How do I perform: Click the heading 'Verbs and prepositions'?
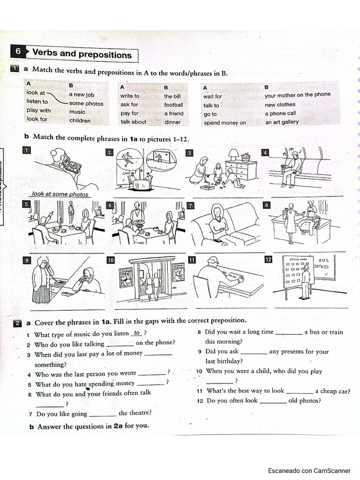[82, 54]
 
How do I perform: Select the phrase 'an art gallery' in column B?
[282, 122]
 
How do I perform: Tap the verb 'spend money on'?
[225, 123]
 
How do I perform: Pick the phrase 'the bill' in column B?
[172, 96]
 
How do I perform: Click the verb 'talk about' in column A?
[133, 122]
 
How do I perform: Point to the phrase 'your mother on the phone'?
[297, 95]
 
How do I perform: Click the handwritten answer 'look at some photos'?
[60, 194]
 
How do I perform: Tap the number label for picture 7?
[190, 205]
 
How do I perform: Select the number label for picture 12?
[268, 260]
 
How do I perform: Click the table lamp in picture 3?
[233, 154]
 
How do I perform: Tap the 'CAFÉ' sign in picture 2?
[126, 172]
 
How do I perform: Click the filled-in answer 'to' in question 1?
[137, 333]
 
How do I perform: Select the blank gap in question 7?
[103, 414]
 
